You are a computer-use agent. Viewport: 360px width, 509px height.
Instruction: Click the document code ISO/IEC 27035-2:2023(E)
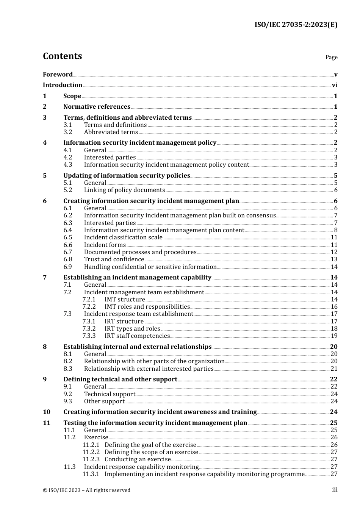point(296,25)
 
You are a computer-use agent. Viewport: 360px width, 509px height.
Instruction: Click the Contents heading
point(62,56)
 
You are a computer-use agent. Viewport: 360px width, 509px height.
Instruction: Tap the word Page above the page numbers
point(331,57)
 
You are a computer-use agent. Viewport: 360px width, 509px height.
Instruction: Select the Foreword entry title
point(58,74)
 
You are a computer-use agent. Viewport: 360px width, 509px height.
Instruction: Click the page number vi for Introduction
point(335,85)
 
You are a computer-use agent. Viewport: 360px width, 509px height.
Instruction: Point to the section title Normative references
point(97,107)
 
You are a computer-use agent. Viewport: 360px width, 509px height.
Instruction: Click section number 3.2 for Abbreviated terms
point(68,132)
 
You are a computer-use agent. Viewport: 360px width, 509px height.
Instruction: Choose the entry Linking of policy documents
point(124,190)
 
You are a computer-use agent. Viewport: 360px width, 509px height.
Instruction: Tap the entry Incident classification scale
point(123,237)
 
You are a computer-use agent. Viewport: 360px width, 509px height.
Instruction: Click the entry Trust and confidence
point(114,259)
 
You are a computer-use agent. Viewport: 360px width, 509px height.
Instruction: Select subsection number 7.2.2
point(89,307)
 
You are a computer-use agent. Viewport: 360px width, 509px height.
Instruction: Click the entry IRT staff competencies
point(137,336)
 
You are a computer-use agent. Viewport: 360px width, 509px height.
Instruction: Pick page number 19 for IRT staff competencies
point(334,336)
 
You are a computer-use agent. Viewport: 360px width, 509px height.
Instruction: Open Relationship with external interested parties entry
point(149,369)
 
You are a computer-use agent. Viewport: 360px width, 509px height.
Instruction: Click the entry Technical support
point(110,394)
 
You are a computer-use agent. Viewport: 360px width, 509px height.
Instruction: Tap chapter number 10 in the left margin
point(47,412)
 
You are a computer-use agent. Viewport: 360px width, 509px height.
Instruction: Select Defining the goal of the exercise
point(150,445)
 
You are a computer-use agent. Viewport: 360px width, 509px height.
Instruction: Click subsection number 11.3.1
point(91,474)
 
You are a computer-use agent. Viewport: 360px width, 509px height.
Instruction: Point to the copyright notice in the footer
point(86,490)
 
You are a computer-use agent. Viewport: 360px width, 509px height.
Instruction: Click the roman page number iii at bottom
point(335,490)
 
